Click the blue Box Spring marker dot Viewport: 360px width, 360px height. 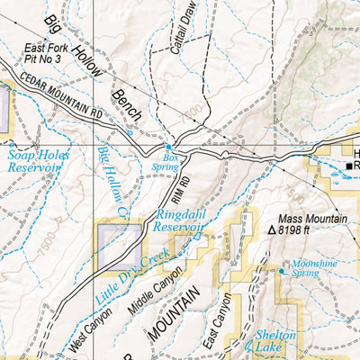(x=167, y=147)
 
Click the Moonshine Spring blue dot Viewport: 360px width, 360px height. (x=283, y=269)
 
